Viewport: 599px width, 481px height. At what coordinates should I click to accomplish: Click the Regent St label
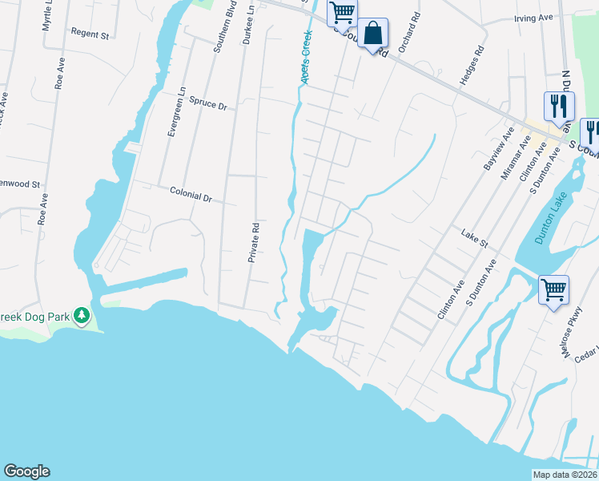[90, 34]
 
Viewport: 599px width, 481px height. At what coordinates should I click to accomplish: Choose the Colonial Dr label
[191, 194]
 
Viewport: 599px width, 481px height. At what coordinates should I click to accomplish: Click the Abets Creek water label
[305, 59]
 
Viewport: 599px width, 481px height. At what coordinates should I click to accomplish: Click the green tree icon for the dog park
[82, 316]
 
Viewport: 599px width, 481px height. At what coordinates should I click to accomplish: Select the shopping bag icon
[373, 34]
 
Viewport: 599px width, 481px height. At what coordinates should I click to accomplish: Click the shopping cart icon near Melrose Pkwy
[554, 289]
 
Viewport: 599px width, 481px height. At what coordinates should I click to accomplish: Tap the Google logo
[26, 471]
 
